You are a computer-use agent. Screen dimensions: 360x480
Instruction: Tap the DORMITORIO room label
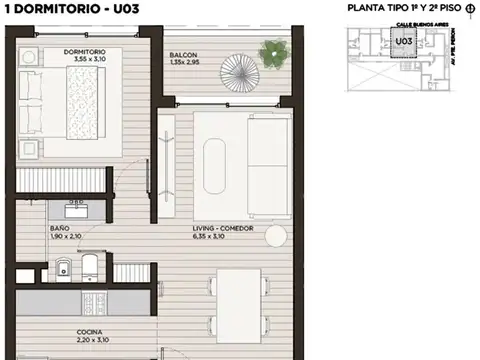tap(86, 51)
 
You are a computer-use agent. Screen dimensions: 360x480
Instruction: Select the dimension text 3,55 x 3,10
tap(85, 60)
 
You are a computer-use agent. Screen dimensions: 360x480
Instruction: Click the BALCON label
tap(182, 54)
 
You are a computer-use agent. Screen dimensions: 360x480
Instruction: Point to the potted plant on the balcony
tap(271, 53)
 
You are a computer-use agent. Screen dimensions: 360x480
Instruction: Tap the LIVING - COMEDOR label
tap(223, 229)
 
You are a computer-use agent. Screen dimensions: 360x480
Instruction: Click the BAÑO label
tap(59, 229)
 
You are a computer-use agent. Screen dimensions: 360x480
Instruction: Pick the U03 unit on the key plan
tap(404, 41)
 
